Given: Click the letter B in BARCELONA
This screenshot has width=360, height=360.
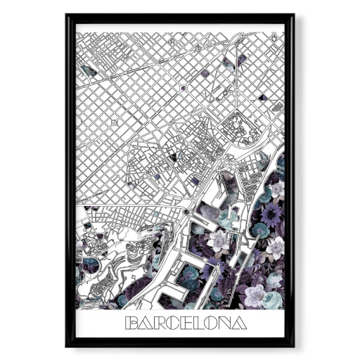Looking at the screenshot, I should [131, 323].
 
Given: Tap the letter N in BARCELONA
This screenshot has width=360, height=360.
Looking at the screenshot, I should [226, 323].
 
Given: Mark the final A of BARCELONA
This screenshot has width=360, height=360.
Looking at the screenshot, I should [240, 323].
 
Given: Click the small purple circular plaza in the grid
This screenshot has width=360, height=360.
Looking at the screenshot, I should [183, 88].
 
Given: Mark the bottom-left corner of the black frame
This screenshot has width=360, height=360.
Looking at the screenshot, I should [67, 345].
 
